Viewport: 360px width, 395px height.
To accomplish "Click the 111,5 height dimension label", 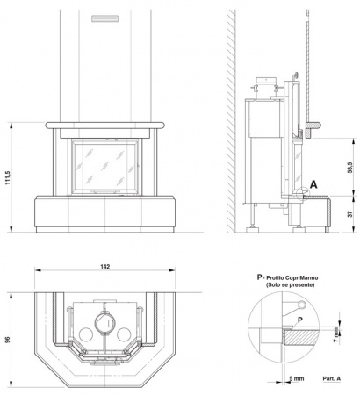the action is pos(8,177).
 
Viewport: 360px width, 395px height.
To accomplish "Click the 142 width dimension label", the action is pos(104,266).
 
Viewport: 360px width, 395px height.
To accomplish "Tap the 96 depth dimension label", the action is pos(8,340).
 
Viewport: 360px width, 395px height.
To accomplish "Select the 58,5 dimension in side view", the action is pos(350,168).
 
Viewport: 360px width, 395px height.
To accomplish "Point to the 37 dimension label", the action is pos(350,214).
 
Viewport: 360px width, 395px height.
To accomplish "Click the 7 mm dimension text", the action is pos(336,335).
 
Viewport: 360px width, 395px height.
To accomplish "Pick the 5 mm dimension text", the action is pos(297,378).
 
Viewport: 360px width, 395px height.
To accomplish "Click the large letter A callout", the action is pos(313,184).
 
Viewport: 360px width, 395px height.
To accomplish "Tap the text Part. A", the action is pos(332,378).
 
